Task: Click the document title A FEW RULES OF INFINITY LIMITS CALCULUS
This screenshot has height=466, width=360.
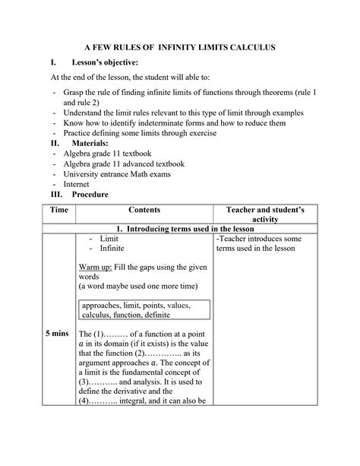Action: (x=179, y=48)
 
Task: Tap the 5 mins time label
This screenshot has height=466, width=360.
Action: (x=58, y=334)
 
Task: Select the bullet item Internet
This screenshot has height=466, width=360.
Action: (x=77, y=184)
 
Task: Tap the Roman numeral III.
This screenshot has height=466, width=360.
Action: (x=54, y=195)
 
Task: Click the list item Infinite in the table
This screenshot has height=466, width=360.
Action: (x=106, y=248)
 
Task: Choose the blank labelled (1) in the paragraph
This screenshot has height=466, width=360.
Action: (x=115, y=334)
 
